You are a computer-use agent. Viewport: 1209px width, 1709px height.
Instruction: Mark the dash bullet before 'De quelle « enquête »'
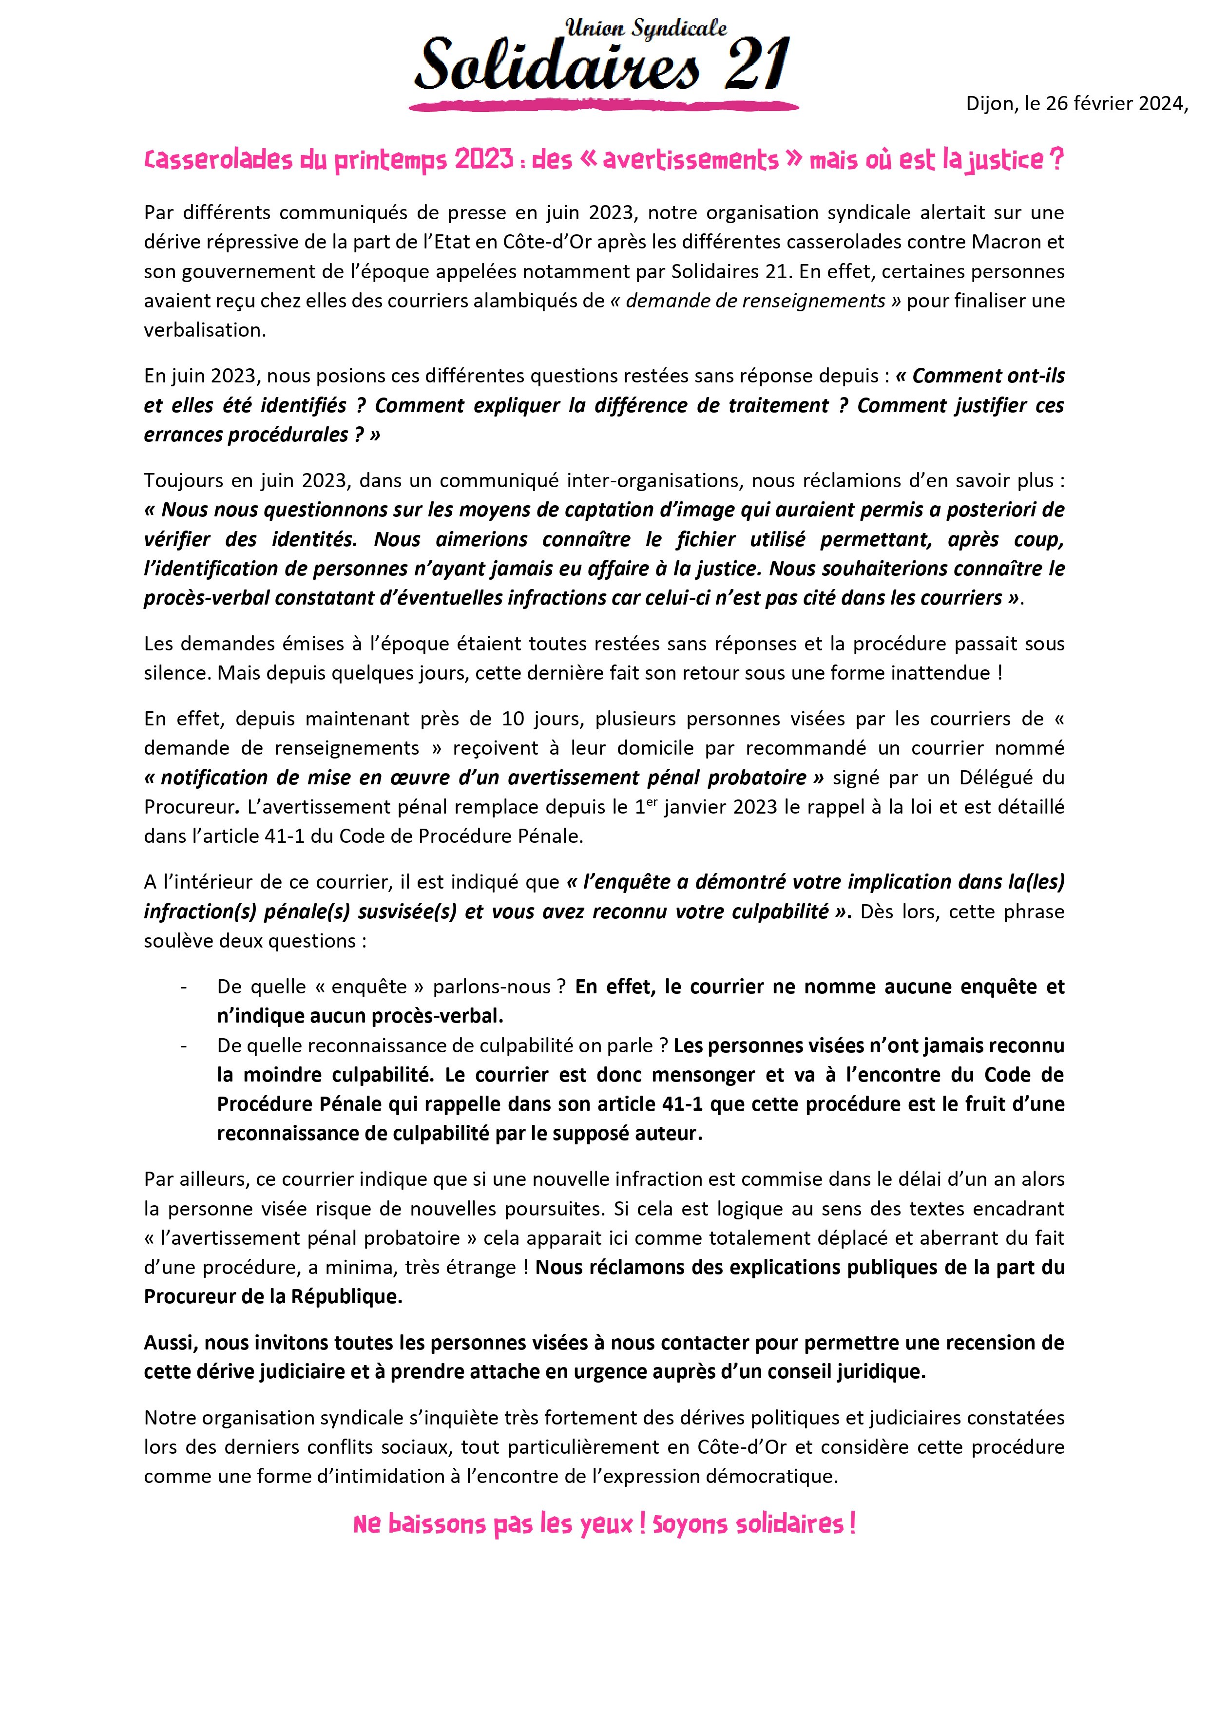[183, 987]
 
